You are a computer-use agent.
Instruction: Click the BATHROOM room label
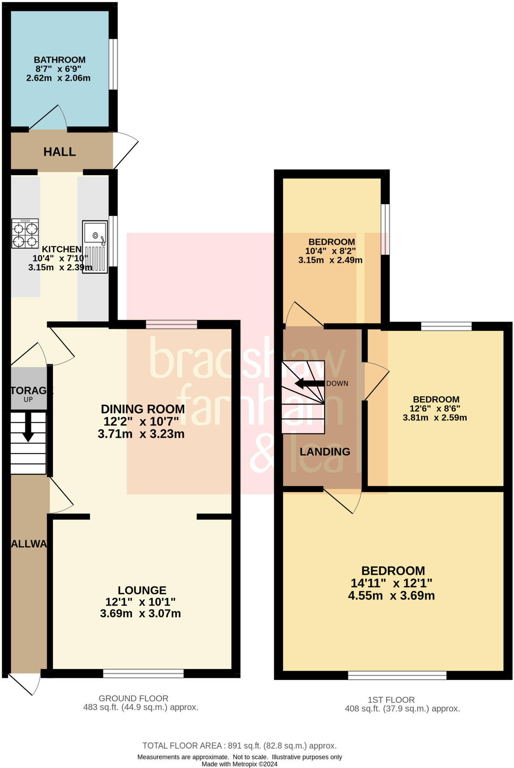pyautogui.click(x=60, y=60)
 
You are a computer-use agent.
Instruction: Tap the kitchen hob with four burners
pyautogui.click(x=25, y=234)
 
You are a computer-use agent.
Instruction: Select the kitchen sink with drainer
pyautogui.click(x=95, y=246)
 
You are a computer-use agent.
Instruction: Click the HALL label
pyautogui.click(x=60, y=152)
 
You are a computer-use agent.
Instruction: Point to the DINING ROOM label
pyautogui.click(x=143, y=409)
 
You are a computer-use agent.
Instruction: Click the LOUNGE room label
pyautogui.click(x=142, y=590)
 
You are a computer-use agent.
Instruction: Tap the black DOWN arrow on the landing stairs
pyautogui.click(x=309, y=384)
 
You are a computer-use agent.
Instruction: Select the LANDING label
pyautogui.click(x=325, y=452)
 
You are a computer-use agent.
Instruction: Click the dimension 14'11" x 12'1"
pyautogui.click(x=391, y=583)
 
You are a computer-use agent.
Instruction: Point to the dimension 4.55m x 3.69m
pyautogui.click(x=391, y=595)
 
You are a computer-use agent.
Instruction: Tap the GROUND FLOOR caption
pyautogui.click(x=133, y=698)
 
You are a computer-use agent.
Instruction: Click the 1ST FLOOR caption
pyautogui.click(x=391, y=700)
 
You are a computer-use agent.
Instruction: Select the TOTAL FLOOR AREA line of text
pyautogui.click(x=239, y=745)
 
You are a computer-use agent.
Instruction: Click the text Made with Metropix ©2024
pyautogui.click(x=239, y=764)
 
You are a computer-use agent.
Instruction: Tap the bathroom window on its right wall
pyautogui.click(x=113, y=64)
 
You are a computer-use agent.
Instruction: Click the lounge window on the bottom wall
pyautogui.click(x=143, y=674)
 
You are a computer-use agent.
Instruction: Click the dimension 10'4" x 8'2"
pyautogui.click(x=330, y=251)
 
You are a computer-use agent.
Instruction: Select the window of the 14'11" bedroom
pyautogui.click(x=397, y=675)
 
